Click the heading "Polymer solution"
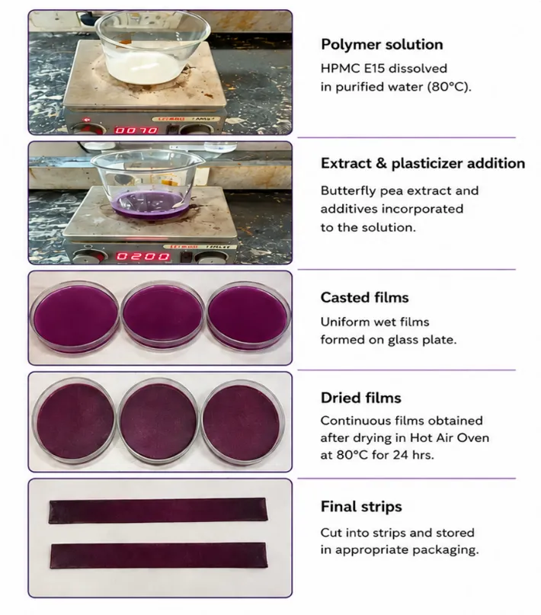click(x=382, y=44)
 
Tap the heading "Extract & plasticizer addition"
click(x=423, y=163)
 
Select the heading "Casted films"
click(x=364, y=297)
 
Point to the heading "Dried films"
click(x=361, y=398)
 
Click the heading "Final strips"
click(x=361, y=506)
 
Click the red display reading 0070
click(x=136, y=130)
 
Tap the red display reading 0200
click(x=143, y=257)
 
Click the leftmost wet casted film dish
click(x=75, y=317)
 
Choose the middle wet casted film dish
click(x=162, y=316)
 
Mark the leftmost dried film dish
click(x=74, y=421)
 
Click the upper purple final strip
click(x=158, y=511)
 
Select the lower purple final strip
click(x=158, y=556)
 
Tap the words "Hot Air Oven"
click(x=450, y=437)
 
